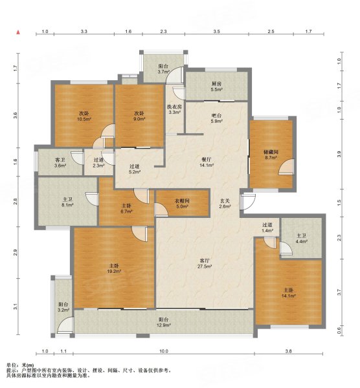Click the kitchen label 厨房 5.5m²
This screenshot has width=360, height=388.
[216, 87]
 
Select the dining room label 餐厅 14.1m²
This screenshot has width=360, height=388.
[207, 162]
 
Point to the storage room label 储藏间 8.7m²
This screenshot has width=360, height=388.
[271, 155]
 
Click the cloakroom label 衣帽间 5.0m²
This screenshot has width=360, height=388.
[182, 204]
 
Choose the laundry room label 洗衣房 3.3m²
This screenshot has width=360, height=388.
[174, 109]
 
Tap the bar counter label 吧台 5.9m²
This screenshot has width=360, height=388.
[216, 118]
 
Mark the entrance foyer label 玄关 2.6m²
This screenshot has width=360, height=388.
[225, 204]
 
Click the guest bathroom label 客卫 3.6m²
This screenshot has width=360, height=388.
[60, 163]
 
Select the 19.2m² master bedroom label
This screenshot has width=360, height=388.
[114, 268]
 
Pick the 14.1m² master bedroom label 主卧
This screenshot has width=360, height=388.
[289, 293]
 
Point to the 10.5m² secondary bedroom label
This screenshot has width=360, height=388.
[84, 116]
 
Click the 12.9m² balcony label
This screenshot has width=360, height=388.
[164, 322]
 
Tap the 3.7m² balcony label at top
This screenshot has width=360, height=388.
[164, 69]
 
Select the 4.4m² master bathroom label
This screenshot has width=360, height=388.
[302, 239]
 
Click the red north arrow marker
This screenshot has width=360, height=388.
[18, 32]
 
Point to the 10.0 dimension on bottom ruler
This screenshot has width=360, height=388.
[164, 351]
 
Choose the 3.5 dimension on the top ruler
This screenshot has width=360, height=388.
[216, 32]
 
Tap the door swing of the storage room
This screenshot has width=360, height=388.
[286, 167]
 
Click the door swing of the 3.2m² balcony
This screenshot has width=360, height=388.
[65, 325]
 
